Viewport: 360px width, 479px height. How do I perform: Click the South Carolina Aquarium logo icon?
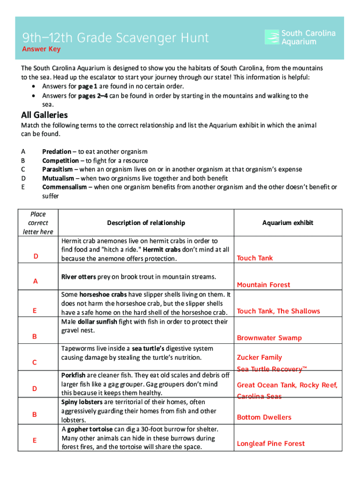point(272,37)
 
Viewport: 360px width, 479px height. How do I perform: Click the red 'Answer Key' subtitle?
point(42,49)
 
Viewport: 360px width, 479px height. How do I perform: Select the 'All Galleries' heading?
point(44,115)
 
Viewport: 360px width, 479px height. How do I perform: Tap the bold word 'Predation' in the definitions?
point(57,152)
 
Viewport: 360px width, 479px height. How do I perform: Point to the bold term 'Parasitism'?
point(58,169)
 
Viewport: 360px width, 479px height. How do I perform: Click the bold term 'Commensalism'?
point(65,187)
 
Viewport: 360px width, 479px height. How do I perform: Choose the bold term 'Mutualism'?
point(58,178)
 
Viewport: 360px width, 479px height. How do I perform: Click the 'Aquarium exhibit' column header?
point(288,223)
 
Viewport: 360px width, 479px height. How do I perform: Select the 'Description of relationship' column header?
point(146,223)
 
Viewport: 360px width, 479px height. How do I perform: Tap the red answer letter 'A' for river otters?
point(35,281)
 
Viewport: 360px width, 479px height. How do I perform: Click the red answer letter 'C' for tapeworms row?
point(35,362)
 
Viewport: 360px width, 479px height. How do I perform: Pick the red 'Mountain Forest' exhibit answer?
point(263,284)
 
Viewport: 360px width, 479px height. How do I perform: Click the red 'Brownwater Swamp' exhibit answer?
point(269,338)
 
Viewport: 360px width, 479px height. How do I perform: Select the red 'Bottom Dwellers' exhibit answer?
point(264,417)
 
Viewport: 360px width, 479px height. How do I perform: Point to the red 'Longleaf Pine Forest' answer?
point(271,443)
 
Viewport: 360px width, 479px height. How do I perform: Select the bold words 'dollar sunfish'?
point(97,321)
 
